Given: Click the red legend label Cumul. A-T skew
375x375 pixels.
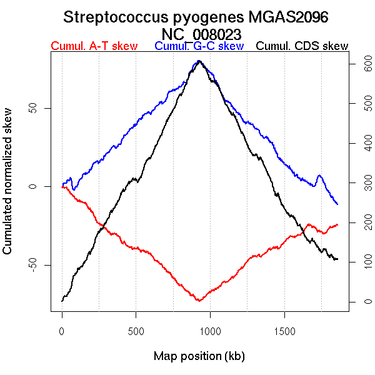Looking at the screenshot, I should [x=94, y=46].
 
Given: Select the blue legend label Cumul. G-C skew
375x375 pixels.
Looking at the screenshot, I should [x=199, y=46].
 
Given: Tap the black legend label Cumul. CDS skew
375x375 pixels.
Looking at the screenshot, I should [x=302, y=46].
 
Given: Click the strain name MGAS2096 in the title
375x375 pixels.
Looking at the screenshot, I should [x=294, y=17].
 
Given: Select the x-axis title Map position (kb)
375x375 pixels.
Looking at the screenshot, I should [x=199, y=356].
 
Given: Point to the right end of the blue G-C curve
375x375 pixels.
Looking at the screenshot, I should [x=337, y=204].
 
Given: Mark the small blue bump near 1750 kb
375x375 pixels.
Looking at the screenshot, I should [x=319, y=176].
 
